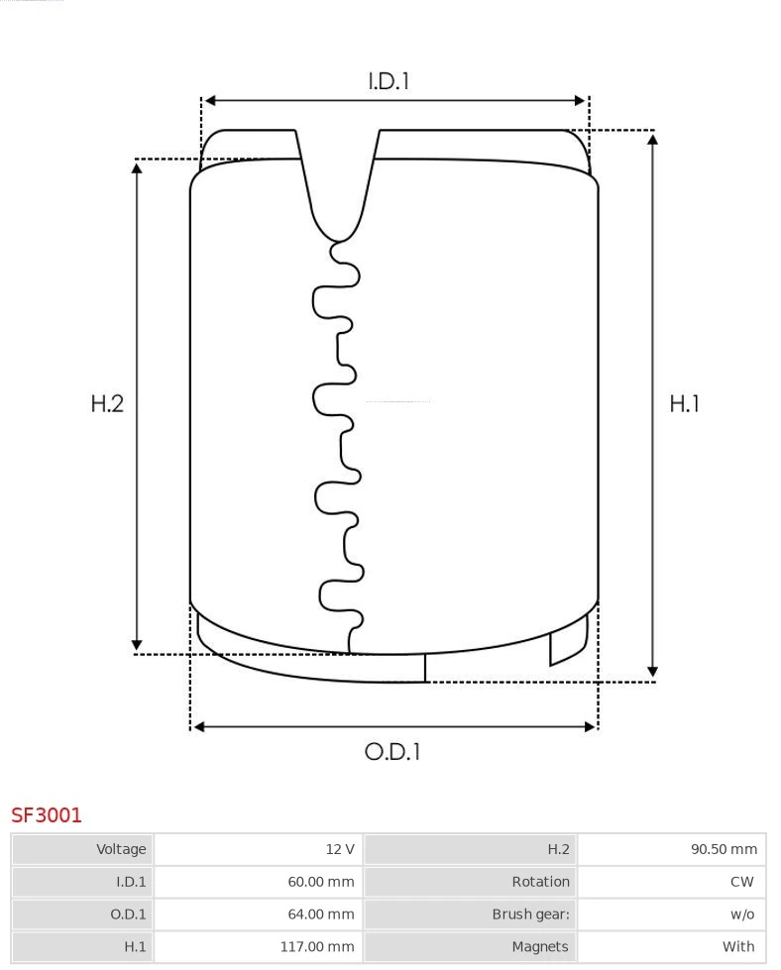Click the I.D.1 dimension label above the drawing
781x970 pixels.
pos(389,81)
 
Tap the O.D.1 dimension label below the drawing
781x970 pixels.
pos(392,752)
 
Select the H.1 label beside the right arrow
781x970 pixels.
pos(684,403)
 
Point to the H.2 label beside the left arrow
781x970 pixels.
pos(107,403)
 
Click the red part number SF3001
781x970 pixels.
pos(47,815)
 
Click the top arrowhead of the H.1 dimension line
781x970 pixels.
pos(652,139)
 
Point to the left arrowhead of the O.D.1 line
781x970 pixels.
pos(198,726)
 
